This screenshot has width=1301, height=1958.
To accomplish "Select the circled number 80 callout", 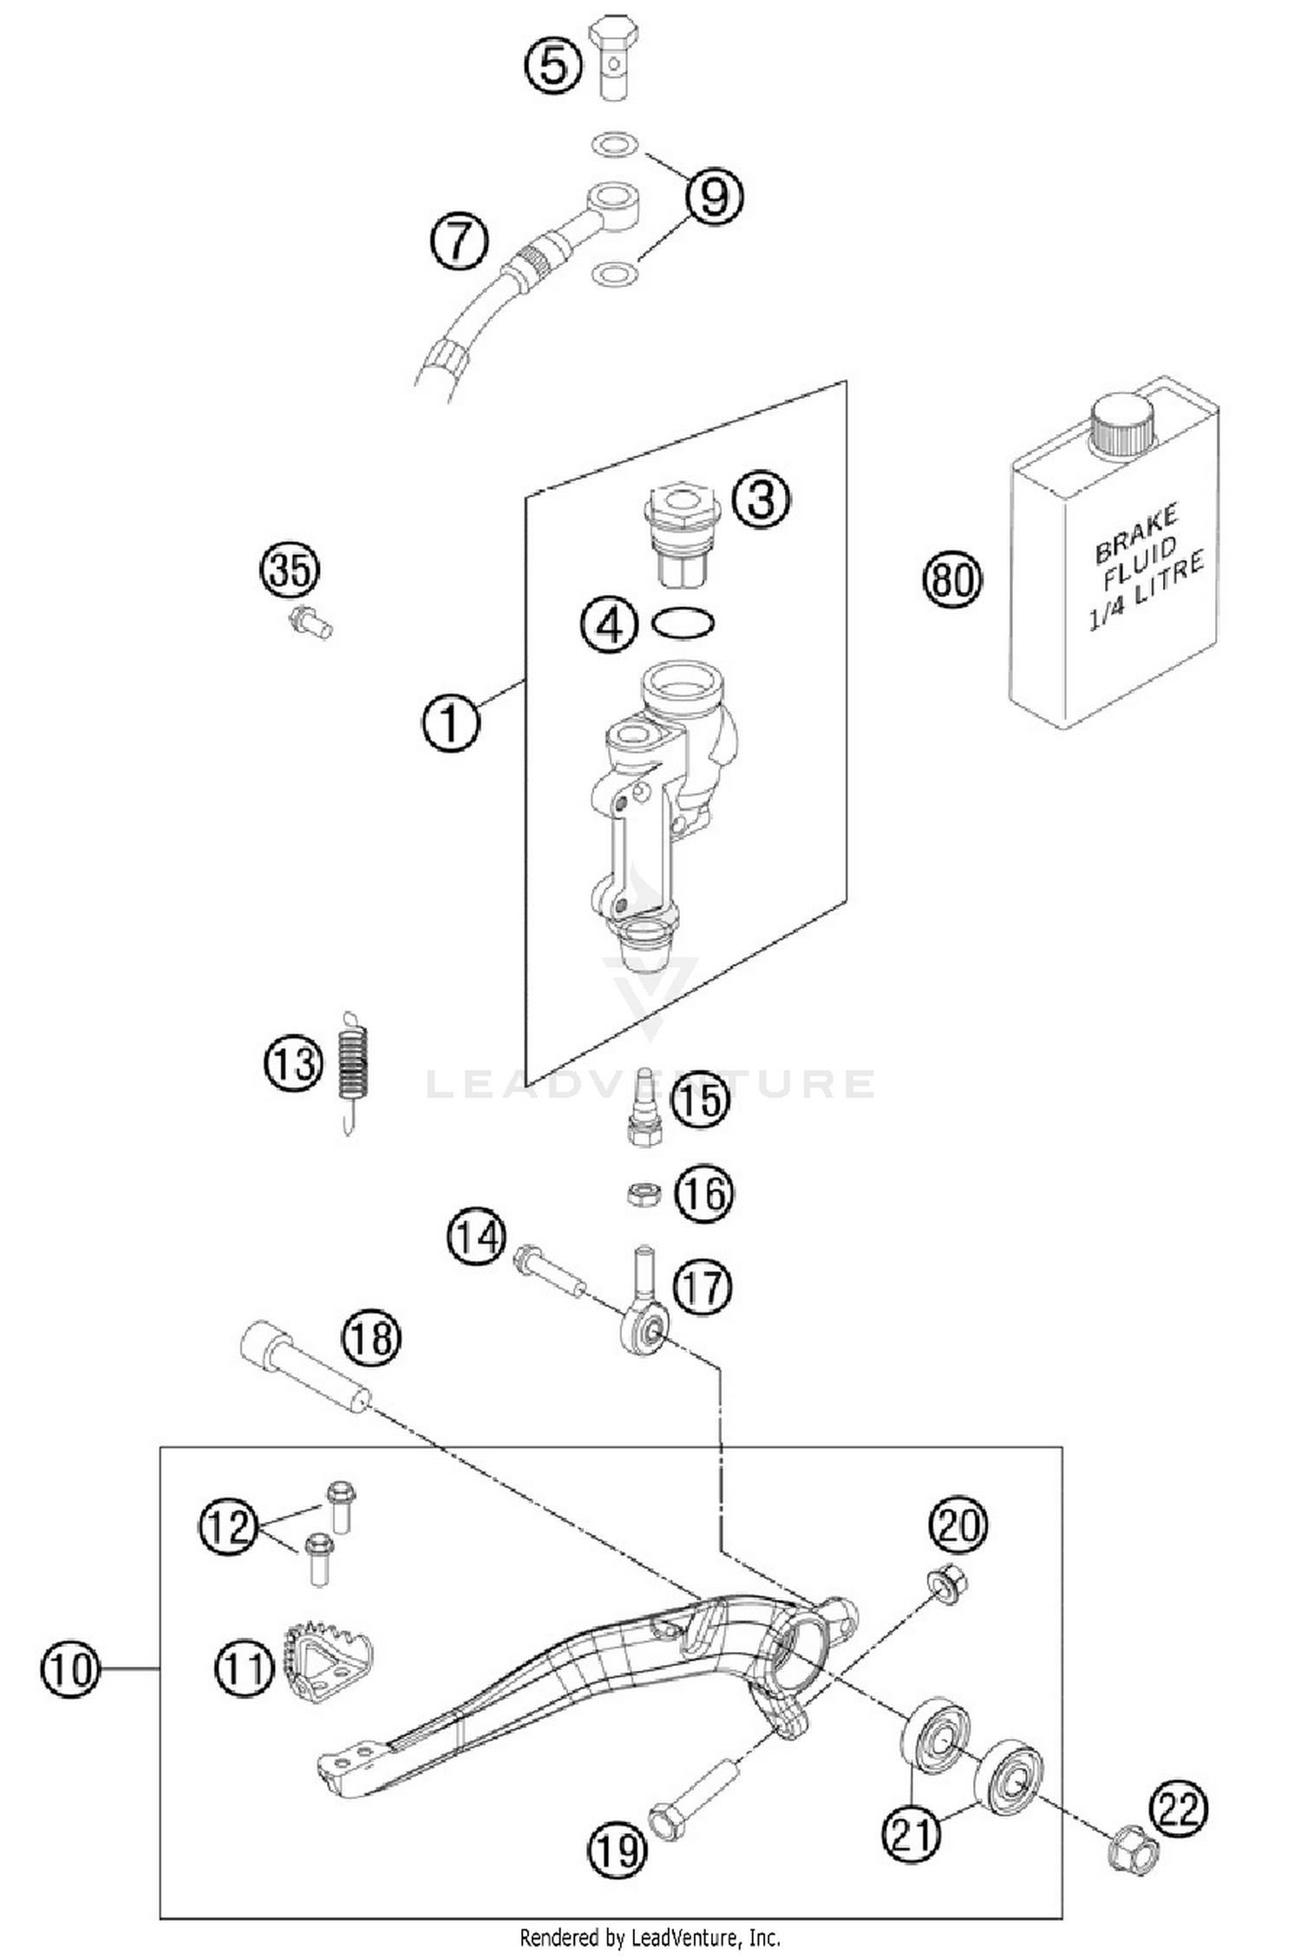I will point(951,579).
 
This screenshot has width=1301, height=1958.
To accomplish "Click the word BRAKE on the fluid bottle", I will point(1135,534).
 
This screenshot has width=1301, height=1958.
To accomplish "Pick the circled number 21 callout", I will point(911,1831).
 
